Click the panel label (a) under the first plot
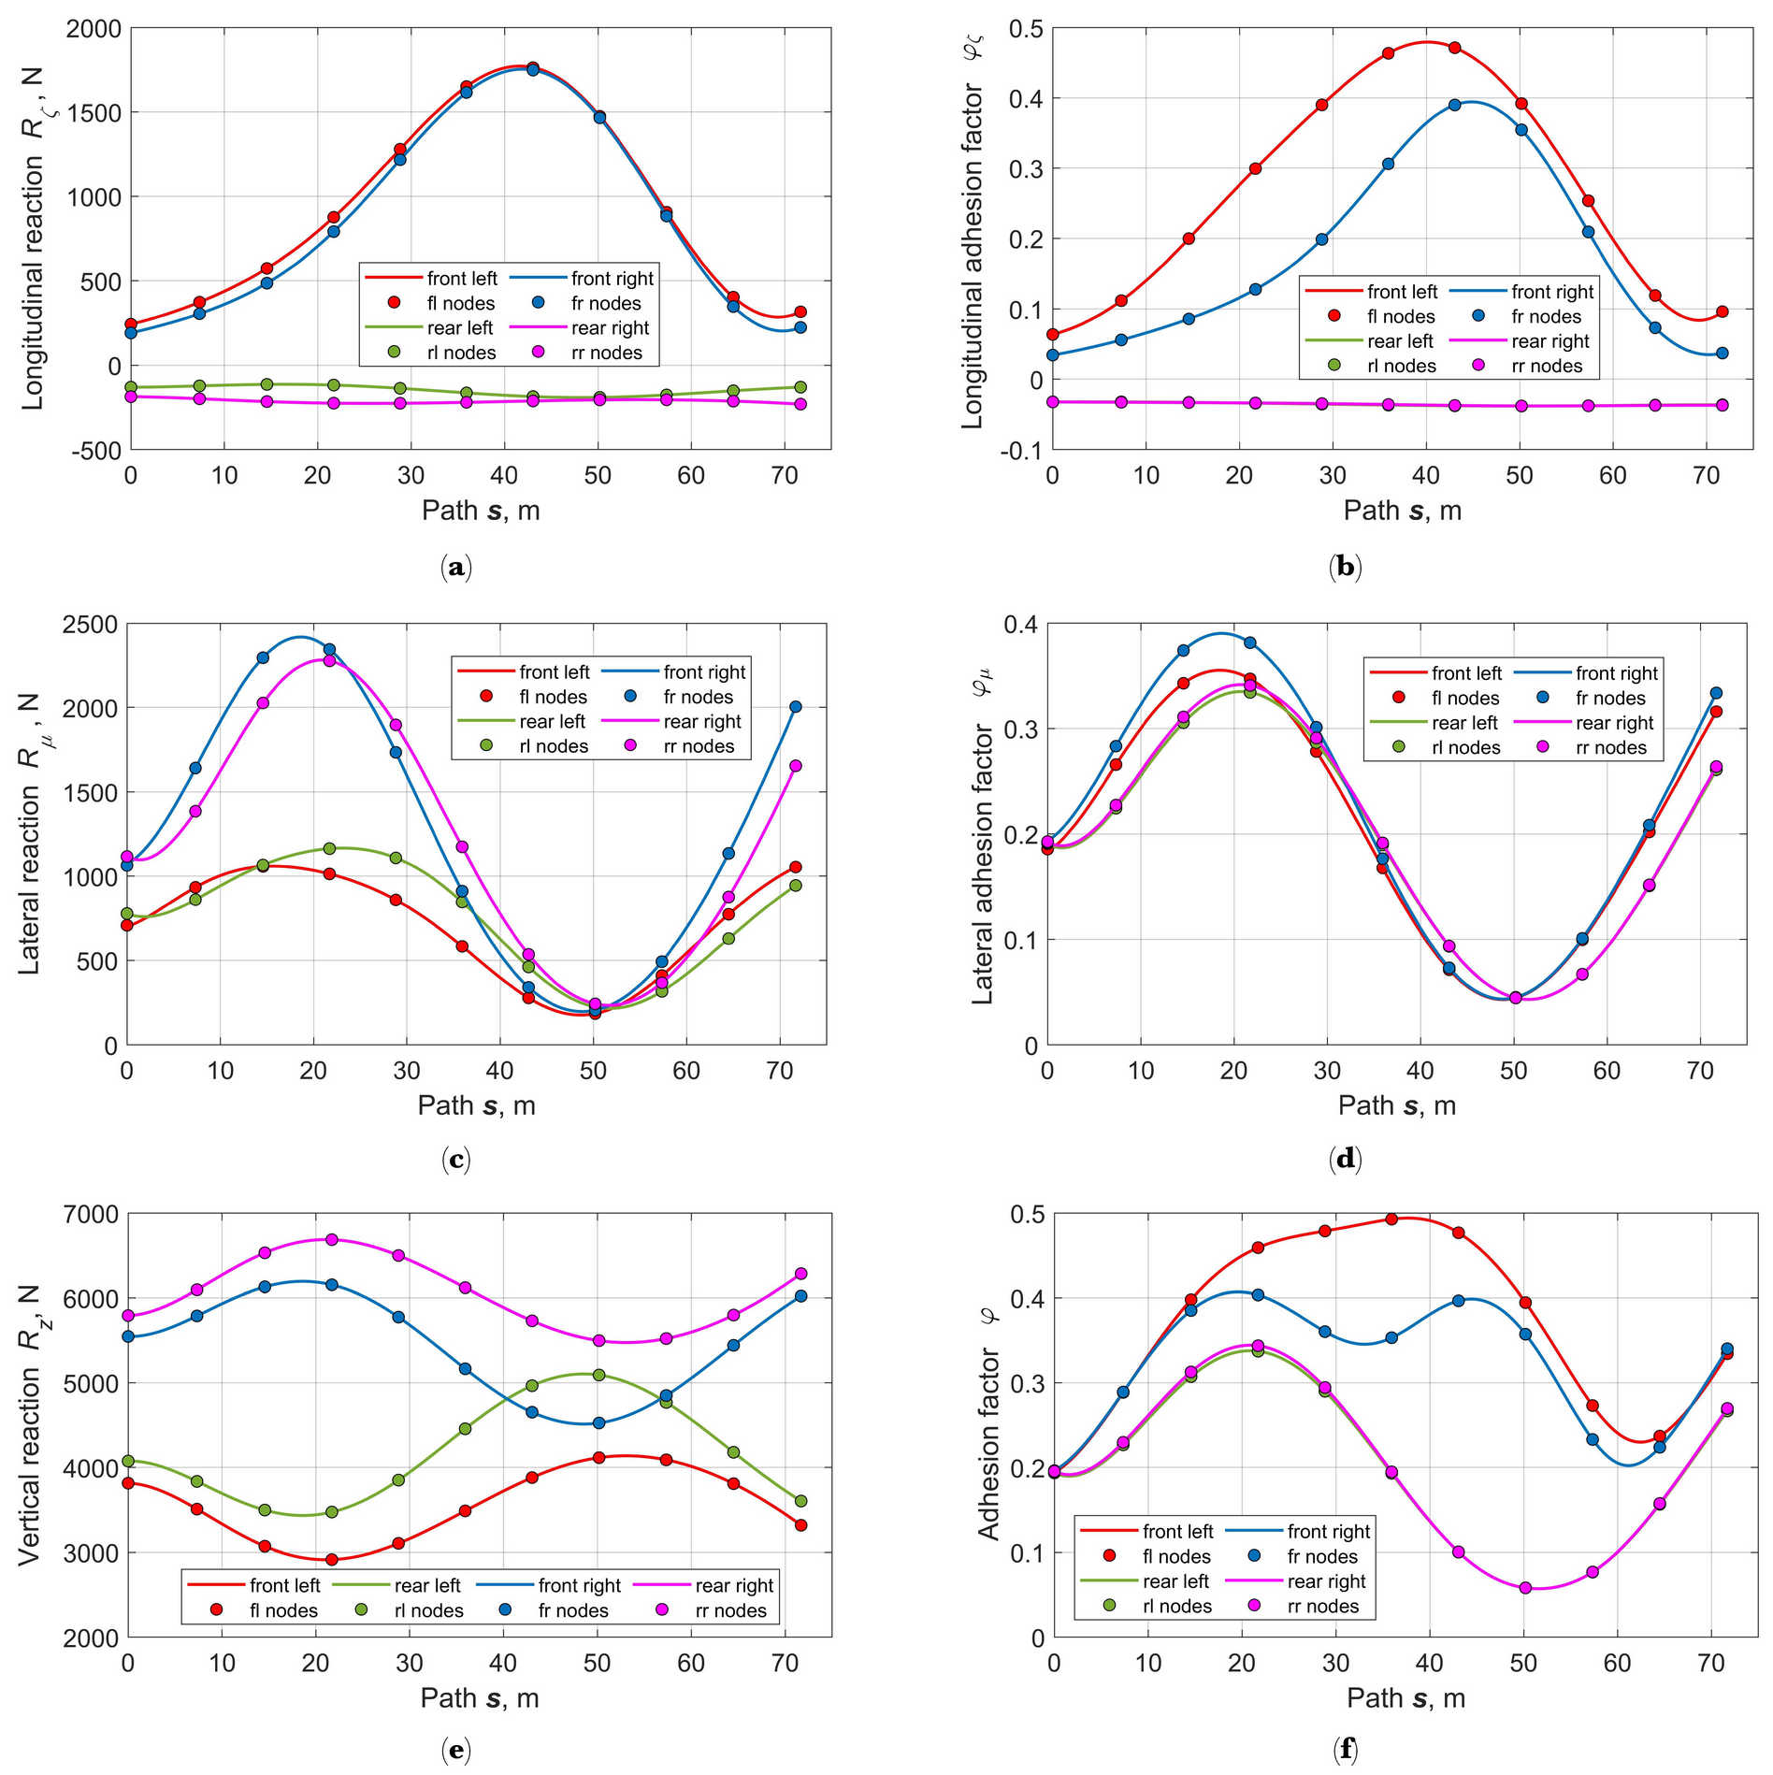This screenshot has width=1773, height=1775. [455, 568]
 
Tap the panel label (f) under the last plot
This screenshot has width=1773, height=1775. [1345, 1749]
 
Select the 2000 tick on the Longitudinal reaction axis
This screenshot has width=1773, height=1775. [94, 29]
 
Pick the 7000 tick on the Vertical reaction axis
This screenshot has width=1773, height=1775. [94, 1215]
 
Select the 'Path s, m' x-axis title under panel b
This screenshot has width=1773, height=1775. [1402, 511]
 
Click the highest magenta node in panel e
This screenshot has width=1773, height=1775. [331, 1240]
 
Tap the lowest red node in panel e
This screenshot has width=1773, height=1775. [331, 1559]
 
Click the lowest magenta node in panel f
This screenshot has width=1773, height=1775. [1525, 1588]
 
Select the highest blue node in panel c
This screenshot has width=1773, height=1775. [329, 649]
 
